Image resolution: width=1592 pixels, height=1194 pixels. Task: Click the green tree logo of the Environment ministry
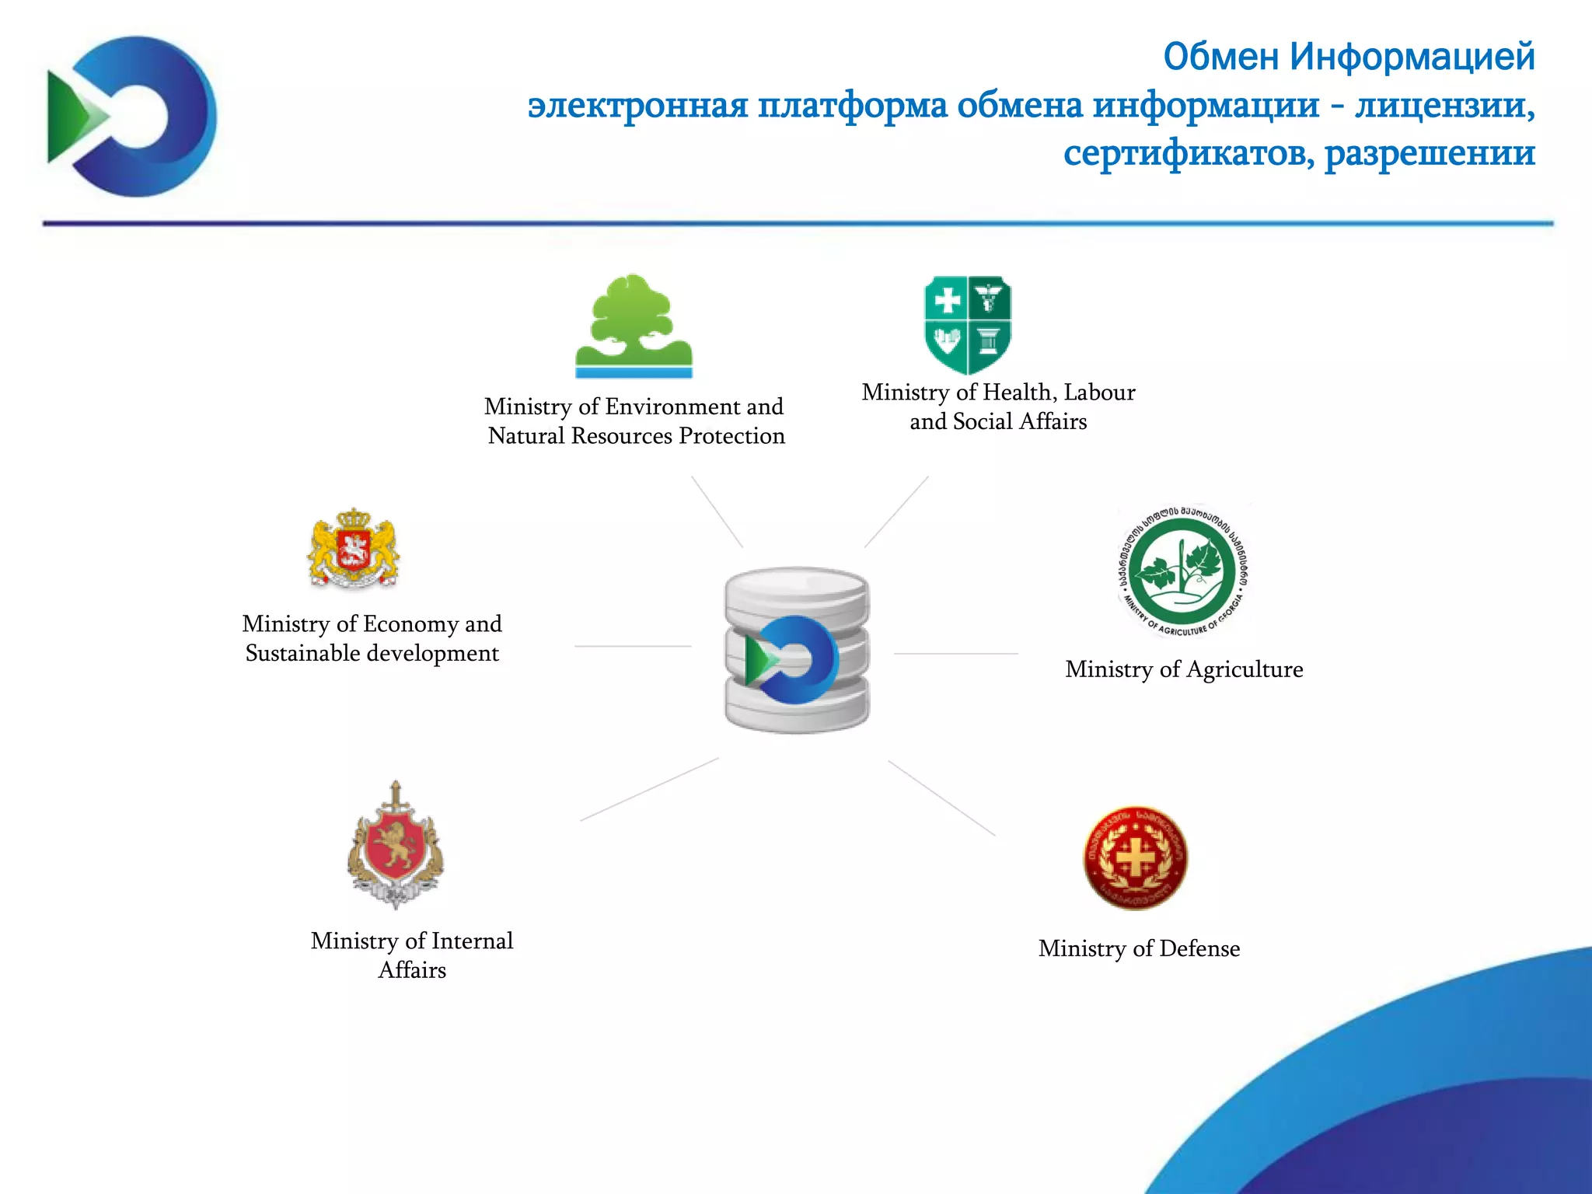click(634, 326)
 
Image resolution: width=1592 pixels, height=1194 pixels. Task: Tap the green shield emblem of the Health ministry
click(967, 325)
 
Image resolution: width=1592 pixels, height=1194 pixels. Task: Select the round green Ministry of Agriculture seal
click(1182, 571)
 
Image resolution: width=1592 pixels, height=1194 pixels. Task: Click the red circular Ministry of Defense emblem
click(1136, 857)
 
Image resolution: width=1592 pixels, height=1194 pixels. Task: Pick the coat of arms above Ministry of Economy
click(354, 550)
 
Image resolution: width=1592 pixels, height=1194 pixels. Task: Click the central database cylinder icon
click(797, 650)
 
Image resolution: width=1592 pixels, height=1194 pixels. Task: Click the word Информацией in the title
click(1412, 57)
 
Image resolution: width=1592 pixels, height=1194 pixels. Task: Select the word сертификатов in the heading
click(1189, 153)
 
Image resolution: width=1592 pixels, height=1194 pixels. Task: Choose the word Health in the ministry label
click(1016, 393)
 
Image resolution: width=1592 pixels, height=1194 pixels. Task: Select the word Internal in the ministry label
click(472, 941)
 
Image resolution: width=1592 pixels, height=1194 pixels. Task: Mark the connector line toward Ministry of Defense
click(941, 798)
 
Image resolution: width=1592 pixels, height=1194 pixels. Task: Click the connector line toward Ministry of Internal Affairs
click(649, 790)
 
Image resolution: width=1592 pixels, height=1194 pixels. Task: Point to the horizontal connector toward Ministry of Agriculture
click(955, 654)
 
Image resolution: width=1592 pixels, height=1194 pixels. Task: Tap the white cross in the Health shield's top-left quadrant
click(946, 300)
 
